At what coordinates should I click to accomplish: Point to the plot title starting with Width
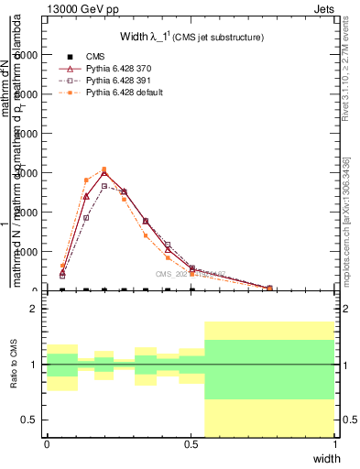(191, 37)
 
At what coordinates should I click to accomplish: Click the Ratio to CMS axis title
(14, 379)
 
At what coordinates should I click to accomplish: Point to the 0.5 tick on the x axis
(191, 444)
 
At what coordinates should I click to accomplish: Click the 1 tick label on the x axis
(335, 444)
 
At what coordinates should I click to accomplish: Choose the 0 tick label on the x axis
(47, 444)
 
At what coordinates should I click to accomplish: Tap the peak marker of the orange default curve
(104, 169)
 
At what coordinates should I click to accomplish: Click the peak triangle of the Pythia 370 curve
(104, 173)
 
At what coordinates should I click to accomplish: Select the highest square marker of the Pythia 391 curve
(104, 186)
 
